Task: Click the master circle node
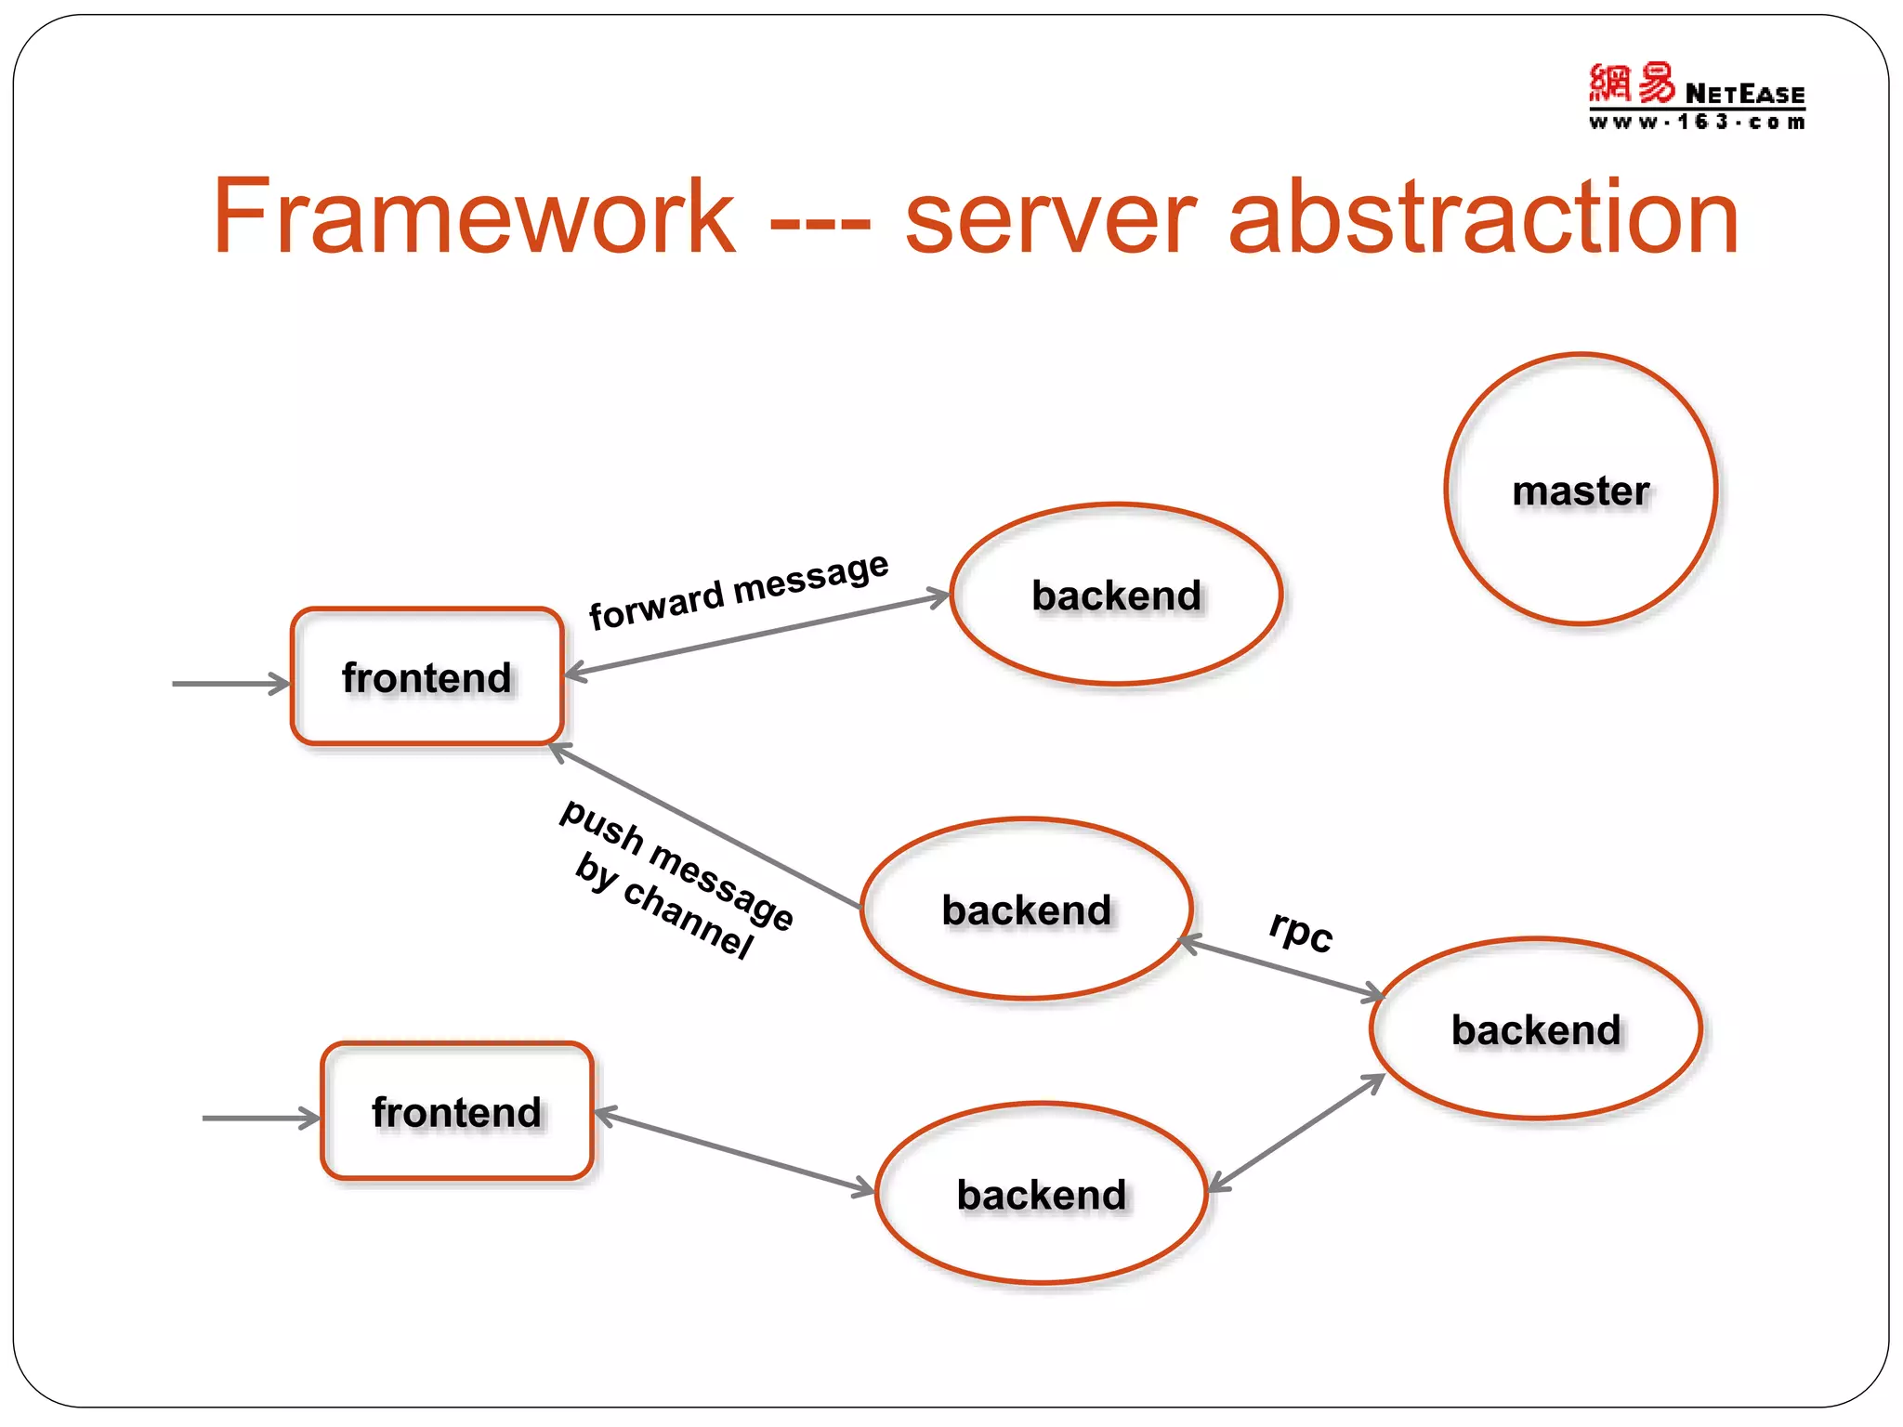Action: (x=1581, y=490)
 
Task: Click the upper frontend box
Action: (x=427, y=677)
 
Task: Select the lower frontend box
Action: (x=456, y=1112)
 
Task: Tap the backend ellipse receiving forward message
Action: (x=1116, y=596)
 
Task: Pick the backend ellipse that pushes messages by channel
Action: (x=1026, y=910)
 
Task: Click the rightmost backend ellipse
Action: (x=1536, y=1029)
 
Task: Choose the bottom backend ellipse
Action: (x=1041, y=1195)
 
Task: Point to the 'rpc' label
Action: (x=1301, y=930)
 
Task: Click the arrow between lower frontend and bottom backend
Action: (x=733, y=1152)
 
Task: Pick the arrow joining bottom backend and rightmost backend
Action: (x=1296, y=1133)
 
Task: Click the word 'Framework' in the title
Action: (x=474, y=217)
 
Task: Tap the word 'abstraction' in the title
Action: (x=1483, y=217)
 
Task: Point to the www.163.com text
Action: (x=1697, y=123)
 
